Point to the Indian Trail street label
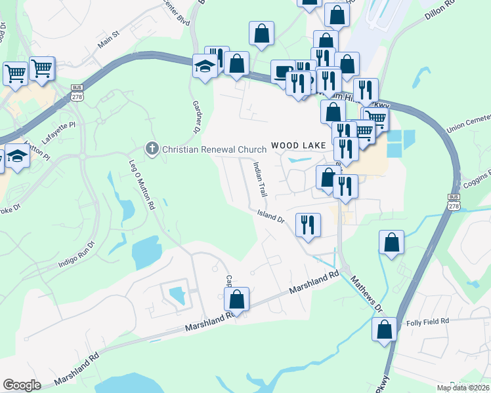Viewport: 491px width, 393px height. (x=261, y=180)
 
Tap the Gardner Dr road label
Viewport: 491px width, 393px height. (x=196, y=115)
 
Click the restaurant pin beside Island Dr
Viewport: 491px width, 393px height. (x=307, y=225)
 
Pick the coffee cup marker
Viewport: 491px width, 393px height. (x=283, y=71)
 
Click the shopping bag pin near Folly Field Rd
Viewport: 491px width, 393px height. (x=385, y=328)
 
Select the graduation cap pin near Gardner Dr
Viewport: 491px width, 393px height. (x=205, y=66)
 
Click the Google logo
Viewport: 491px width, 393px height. (x=22, y=385)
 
